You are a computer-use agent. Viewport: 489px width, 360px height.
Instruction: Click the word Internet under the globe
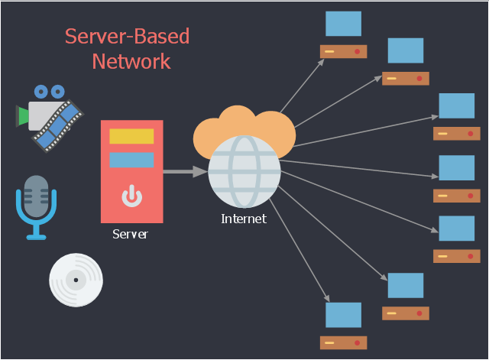[x=244, y=219]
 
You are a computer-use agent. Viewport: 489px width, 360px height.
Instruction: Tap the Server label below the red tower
[x=131, y=234]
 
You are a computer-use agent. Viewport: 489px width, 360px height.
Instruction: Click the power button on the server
[x=131, y=196]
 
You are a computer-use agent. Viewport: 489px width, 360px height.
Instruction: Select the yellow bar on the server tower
[x=131, y=136]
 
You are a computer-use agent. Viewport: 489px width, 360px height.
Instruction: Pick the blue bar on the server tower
[x=131, y=160]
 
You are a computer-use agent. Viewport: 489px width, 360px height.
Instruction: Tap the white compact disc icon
[x=76, y=280]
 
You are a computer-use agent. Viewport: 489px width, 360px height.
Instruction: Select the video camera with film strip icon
[x=49, y=115]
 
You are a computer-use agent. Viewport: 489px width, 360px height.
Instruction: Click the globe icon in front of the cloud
[x=244, y=171]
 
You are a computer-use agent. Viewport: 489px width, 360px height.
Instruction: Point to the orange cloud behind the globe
[x=243, y=123]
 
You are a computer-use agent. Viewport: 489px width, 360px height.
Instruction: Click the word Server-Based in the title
[x=127, y=37]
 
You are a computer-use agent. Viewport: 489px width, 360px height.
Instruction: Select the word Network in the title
[x=131, y=61]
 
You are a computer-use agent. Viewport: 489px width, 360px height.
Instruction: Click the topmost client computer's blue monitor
[x=343, y=24]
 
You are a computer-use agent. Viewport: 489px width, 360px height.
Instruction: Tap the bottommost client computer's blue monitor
[x=343, y=315]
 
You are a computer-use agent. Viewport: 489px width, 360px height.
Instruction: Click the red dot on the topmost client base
[x=357, y=51]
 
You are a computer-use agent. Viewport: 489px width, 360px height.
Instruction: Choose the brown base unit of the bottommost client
[x=343, y=342]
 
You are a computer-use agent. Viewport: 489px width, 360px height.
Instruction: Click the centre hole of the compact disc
[x=76, y=280]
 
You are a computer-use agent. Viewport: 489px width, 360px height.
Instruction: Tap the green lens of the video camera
[x=23, y=115]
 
